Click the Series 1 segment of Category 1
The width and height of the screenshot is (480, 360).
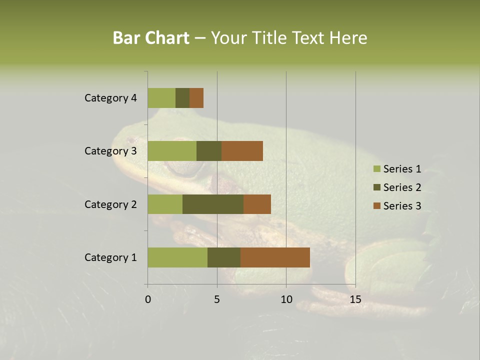(x=177, y=257)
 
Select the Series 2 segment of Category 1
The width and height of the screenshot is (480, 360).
(x=224, y=257)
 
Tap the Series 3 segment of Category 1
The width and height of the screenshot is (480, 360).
(x=275, y=257)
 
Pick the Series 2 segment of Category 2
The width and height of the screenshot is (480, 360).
(x=213, y=204)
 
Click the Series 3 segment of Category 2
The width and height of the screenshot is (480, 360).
(x=257, y=204)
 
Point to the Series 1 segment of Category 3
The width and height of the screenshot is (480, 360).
(x=172, y=151)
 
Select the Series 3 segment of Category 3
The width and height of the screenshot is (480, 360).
(x=242, y=151)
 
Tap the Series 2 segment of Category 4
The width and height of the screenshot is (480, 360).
(x=182, y=98)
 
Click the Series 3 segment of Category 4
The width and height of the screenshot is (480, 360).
(x=196, y=98)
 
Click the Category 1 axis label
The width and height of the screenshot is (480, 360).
(x=110, y=257)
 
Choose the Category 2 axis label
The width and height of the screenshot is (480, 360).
(x=110, y=204)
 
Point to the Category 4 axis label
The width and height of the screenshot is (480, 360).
(x=110, y=98)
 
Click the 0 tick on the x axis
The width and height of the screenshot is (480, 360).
(x=148, y=299)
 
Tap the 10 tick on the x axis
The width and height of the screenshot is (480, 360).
(x=286, y=299)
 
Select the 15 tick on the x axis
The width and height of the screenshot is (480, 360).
(x=355, y=299)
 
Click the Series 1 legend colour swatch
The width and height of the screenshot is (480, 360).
(x=376, y=169)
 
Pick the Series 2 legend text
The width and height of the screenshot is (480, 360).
(x=402, y=187)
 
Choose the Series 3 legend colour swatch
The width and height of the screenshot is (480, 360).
(x=376, y=206)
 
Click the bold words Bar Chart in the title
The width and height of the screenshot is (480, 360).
(x=151, y=38)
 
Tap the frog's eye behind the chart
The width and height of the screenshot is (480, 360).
(x=181, y=169)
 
